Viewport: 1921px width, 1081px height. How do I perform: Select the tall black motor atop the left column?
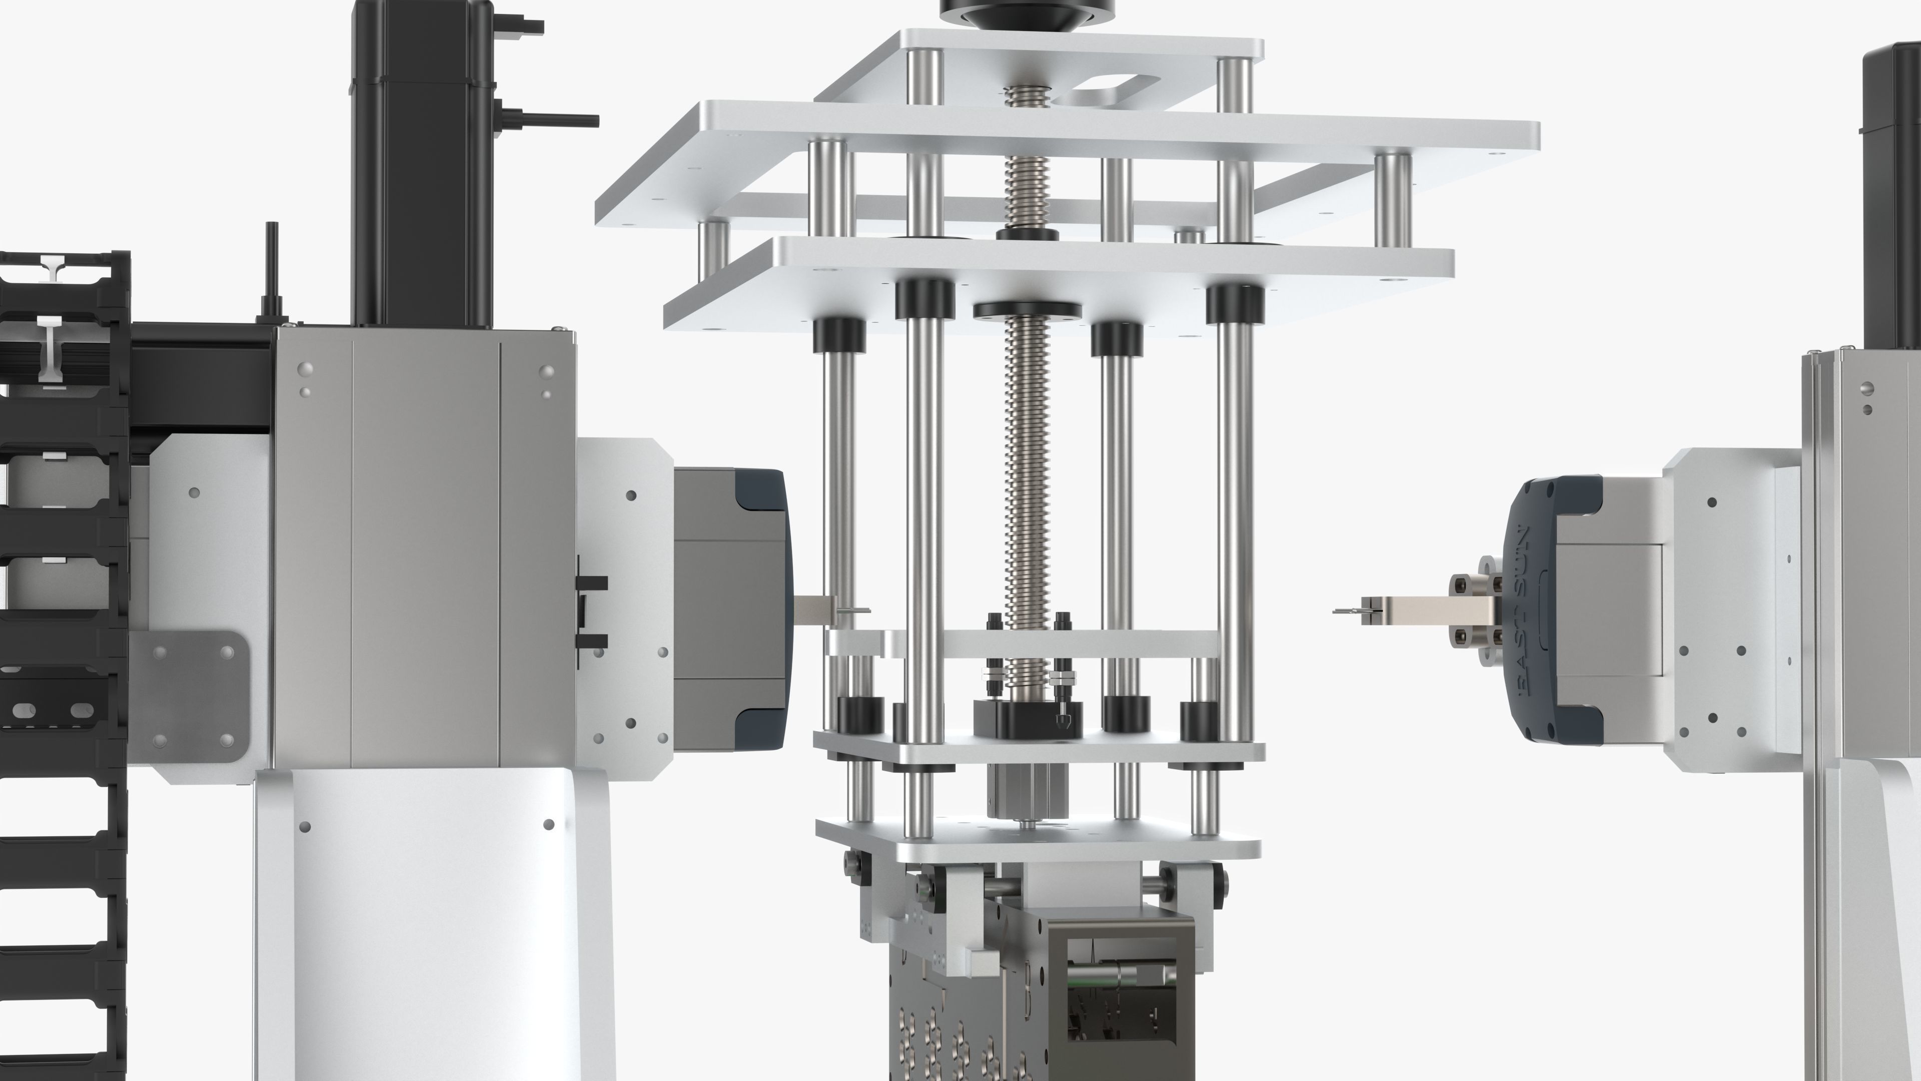pos(422,164)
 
